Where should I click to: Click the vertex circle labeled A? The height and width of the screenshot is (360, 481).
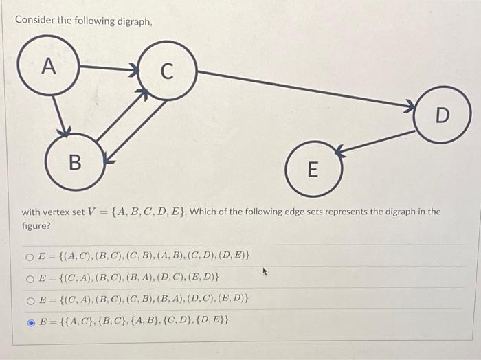coord(48,66)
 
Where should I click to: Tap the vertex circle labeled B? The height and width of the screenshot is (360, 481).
coord(76,161)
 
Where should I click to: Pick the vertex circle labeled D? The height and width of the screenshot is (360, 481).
coord(442,115)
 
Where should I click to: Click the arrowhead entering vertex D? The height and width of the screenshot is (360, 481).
coord(410,106)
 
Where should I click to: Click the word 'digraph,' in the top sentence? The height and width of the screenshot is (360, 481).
coord(130,21)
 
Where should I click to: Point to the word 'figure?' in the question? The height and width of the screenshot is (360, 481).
coord(36,225)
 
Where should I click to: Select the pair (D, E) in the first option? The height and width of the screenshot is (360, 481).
coord(232,257)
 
